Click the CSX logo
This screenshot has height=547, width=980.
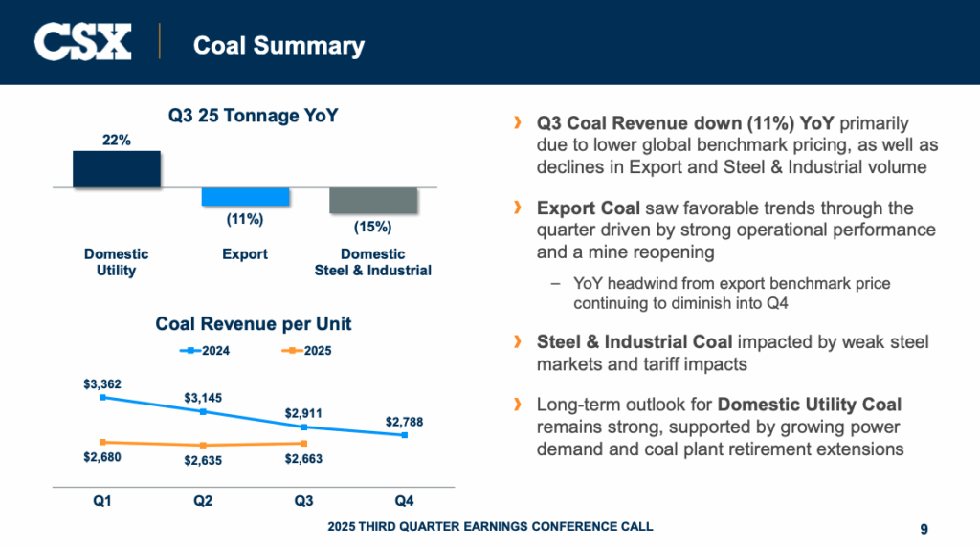[83, 42]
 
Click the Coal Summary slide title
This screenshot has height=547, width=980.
[278, 45]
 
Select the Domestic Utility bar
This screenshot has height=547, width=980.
[117, 168]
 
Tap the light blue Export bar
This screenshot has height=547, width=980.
[245, 196]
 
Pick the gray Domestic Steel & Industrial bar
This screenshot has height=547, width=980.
[373, 200]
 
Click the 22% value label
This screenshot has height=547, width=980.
[117, 141]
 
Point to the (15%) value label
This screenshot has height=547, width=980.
[373, 228]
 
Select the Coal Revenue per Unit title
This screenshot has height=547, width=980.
[254, 324]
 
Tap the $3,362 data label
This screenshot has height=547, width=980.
[102, 384]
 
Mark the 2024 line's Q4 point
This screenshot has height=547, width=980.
[405, 435]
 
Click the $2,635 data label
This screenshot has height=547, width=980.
[203, 460]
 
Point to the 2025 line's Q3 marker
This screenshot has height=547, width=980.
[304, 443]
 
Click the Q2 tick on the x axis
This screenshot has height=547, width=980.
[203, 500]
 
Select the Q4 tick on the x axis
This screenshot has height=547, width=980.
[405, 500]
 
